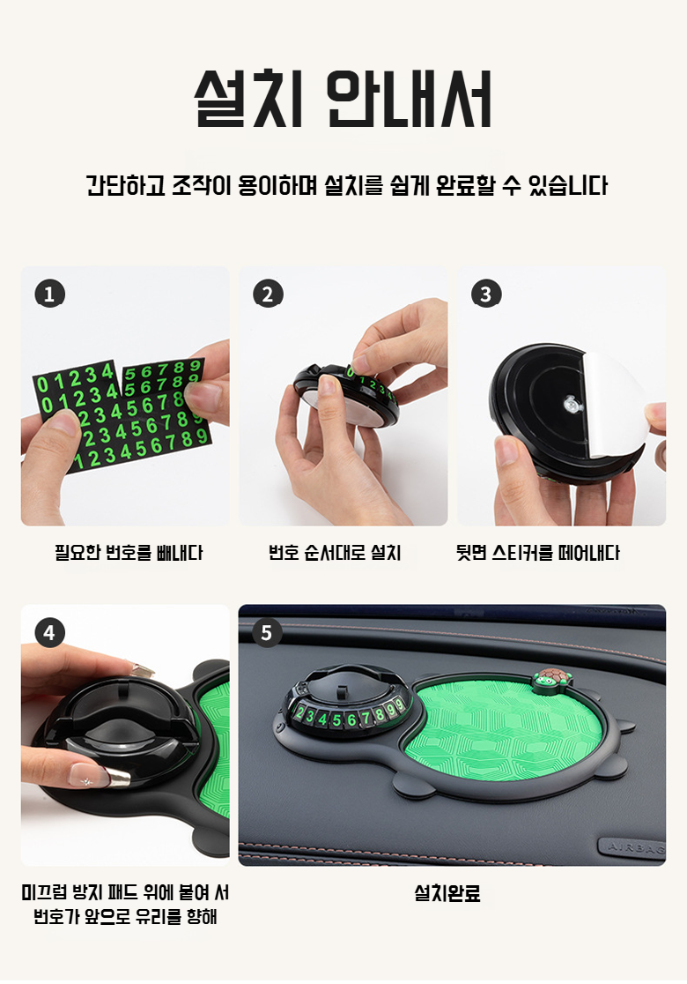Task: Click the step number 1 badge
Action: pyautogui.click(x=49, y=294)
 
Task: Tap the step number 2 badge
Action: pyautogui.click(x=268, y=294)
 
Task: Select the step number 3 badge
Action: pyautogui.click(x=486, y=294)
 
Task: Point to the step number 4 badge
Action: pyautogui.click(x=49, y=632)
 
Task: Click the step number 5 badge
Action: pyautogui.click(x=266, y=632)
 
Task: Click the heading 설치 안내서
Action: pyautogui.click(x=343, y=99)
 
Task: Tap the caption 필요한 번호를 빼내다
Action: pyautogui.click(x=129, y=553)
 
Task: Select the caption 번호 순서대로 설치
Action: pyautogui.click(x=335, y=553)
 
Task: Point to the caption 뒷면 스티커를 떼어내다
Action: pyautogui.click(x=538, y=553)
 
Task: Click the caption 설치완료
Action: pyautogui.click(x=447, y=893)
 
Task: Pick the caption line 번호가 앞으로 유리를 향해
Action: pyautogui.click(x=125, y=917)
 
